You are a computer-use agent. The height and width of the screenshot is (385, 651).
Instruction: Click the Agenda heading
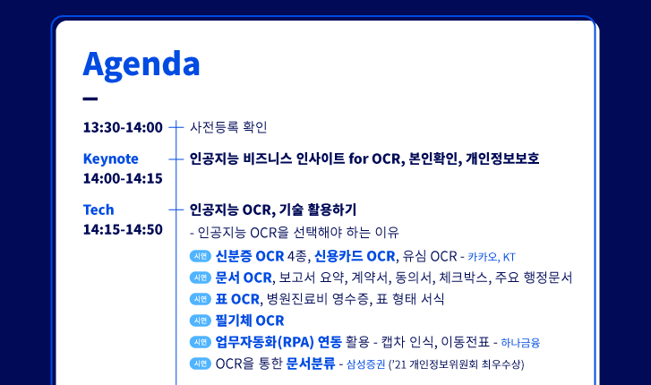tap(141, 64)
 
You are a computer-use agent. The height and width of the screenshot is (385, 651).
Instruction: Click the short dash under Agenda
tap(90, 98)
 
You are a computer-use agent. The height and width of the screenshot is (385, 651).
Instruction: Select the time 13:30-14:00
tap(123, 127)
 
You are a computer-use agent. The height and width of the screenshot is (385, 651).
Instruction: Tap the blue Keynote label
tap(111, 158)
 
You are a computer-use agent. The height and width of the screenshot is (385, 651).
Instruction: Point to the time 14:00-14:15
tap(123, 178)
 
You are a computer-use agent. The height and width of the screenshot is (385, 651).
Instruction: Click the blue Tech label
tap(99, 210)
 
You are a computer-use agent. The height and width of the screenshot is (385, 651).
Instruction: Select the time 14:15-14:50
tap(123, 229)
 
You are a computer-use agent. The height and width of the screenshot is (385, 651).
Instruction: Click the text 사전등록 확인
tap(228, 127)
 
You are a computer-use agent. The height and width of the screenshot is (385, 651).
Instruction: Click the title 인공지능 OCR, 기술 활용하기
tap(273, 210)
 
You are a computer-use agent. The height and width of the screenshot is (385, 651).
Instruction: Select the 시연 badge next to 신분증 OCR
tap(201, 256)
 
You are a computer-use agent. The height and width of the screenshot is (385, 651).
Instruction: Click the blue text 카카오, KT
tap(492, 257)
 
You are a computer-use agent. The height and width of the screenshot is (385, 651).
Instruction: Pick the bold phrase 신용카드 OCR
tap(355, 256)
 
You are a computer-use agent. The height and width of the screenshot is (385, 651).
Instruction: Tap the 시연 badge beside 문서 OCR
tap(201, 278)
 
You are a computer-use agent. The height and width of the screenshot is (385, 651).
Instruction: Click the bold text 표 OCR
tap(237, 299)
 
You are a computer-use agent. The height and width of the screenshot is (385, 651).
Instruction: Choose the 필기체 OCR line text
tap(250, 321)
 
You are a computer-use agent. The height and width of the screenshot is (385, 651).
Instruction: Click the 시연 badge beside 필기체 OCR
tap(201, 321)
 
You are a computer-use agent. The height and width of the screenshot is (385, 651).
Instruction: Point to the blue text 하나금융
tap(520, 343)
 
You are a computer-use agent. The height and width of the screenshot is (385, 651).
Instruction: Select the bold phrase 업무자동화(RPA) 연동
tap(278, 342)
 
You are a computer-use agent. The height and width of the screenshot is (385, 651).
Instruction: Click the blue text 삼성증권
tap(365, 364)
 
